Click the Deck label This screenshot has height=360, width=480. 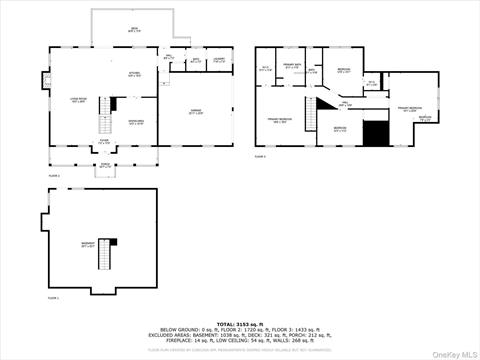(134, 29)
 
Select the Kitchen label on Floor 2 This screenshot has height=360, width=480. (133, 74)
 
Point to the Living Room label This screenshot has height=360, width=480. (77, 100)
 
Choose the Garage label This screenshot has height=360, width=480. (197, 112)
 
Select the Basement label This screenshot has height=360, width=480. (89, 243)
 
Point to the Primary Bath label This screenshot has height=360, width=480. (292, 66)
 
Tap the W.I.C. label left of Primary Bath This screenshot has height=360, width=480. (266, 69)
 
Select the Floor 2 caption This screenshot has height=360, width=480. (55, 175)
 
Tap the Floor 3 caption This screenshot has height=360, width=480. (260, 156)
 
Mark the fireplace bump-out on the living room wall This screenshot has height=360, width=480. (46, 79)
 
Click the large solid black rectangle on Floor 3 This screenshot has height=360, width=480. (374, 133)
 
